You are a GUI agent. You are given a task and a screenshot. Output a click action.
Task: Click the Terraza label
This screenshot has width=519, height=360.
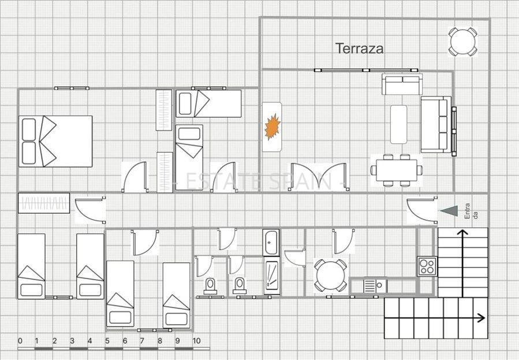point(360,49)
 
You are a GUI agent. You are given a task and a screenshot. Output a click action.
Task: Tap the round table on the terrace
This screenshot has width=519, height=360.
point(463,42)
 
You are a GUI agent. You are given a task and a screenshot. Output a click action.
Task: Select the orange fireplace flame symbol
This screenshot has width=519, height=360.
point(272,127)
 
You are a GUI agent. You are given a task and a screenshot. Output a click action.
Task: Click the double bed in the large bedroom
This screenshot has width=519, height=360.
point(55,141)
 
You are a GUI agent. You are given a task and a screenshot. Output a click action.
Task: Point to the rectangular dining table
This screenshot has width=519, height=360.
point(397,170)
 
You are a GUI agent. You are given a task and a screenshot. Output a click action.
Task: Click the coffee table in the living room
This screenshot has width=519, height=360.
point(398,124)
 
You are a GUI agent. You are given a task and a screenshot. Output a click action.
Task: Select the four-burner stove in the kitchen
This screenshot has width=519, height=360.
point(427,266)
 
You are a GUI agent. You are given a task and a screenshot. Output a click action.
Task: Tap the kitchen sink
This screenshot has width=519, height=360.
point(375,286)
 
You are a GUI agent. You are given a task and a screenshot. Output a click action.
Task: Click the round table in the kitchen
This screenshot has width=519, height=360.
point(330,275)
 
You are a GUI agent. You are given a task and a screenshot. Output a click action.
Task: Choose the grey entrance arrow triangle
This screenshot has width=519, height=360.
point(450,211)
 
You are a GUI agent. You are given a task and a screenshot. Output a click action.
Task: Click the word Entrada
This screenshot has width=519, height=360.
point(471,211)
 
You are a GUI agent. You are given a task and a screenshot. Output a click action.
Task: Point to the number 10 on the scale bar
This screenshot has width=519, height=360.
point(196,341)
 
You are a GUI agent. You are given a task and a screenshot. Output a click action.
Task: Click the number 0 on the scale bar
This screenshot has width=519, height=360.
point(20,341)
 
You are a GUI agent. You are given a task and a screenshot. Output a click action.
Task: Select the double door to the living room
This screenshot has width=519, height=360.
point(319,177)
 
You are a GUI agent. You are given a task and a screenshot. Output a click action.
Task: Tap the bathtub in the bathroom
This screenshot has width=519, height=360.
point(271,242)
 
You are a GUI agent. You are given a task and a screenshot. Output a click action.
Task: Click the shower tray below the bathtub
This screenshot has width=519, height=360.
point(272,277)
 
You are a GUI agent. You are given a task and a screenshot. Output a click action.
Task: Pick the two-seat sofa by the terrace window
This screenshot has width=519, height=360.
point(402,84)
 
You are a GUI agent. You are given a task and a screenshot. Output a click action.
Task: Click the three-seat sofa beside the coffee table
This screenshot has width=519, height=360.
point(436,124)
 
